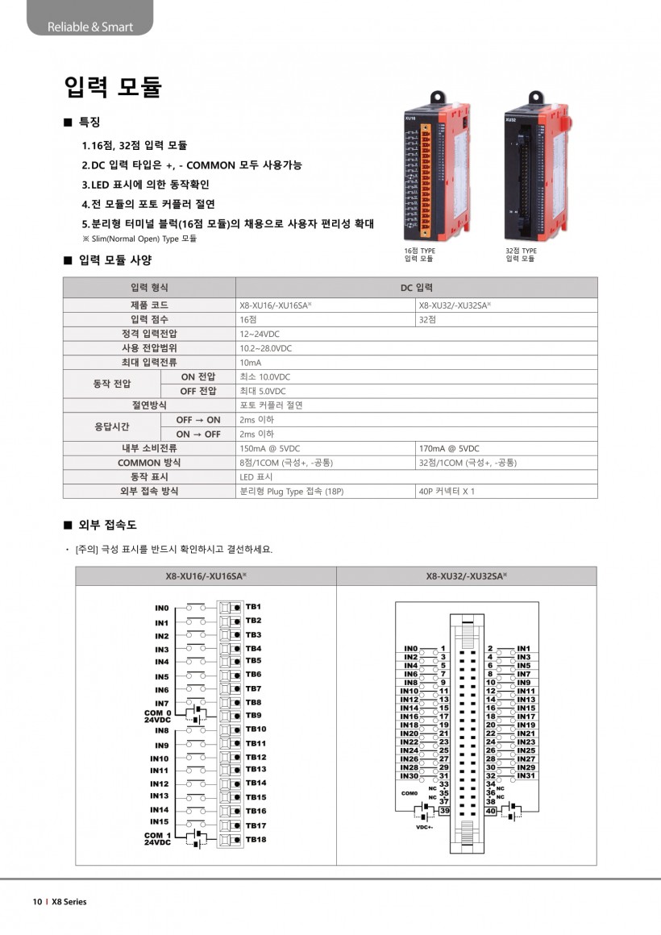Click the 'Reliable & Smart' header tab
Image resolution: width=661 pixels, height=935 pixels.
(x=89, y=27)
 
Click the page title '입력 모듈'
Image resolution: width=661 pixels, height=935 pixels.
(x=113, y=86)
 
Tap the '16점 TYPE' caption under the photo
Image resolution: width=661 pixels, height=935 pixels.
(x=419, y=251)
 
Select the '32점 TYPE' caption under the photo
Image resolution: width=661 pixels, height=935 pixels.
(x=521, y=251)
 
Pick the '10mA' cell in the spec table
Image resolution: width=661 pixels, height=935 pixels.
(x=251, y=363)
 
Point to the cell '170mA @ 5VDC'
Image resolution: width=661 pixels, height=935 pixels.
(x=449, y=448)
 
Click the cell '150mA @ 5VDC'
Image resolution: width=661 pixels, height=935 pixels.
(x=270, y=448)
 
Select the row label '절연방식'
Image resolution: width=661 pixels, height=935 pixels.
(x=149, y=405)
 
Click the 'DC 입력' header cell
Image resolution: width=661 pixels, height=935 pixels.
(x=417, y=288)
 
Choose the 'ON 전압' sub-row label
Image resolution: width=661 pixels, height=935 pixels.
(x=197, y=376)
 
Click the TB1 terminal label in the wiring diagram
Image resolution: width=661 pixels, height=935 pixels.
(x=253, y=606)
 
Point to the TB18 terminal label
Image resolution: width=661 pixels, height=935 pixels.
(x=256, y=839)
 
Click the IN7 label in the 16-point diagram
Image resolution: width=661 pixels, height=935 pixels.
(x=162, y=704)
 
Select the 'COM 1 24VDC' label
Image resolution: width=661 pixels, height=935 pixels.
(x=157, y=838)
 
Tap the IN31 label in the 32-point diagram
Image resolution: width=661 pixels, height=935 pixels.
(x=526, y=775)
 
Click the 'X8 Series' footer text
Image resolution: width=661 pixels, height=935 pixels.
(x=69, y=902)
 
